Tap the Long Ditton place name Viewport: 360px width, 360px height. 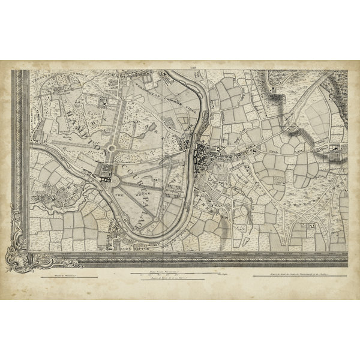[x=130, y=242]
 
